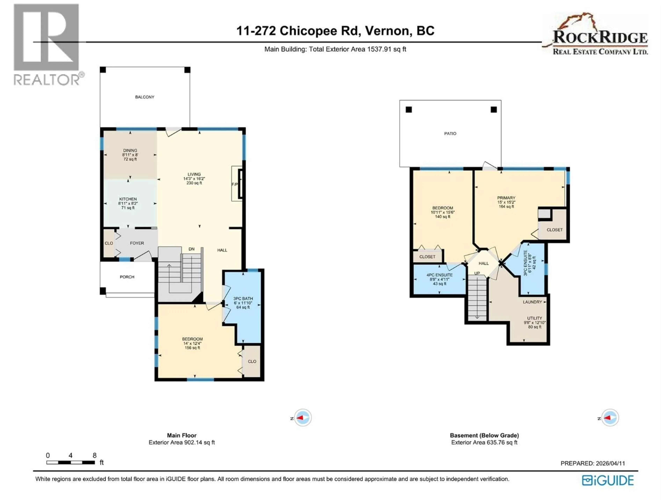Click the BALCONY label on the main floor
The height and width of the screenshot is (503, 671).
pyautogui.click(x=145, y=97)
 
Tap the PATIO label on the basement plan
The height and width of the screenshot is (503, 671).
pyautogui.click(x=450, y=133)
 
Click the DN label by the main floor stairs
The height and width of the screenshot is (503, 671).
pyautogui.click(x=191, y=249)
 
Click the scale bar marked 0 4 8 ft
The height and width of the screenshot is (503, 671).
pyautogui.click(x=70, y=462)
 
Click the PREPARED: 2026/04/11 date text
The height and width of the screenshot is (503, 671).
pyautogui.click(x=592, y=463)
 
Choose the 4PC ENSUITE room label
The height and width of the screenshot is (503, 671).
pyautogui.click(x=439, y=275)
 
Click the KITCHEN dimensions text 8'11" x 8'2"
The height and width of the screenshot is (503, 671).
pyautogui.click(x=128, y=203)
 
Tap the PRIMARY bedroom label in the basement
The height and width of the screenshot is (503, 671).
pyautogui.click(x=506, y=198)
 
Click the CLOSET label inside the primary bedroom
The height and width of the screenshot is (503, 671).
pyautogui.click(x=554, y=230)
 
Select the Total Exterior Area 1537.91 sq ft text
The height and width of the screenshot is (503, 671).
pyautogui.click(x=335, y=49)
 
